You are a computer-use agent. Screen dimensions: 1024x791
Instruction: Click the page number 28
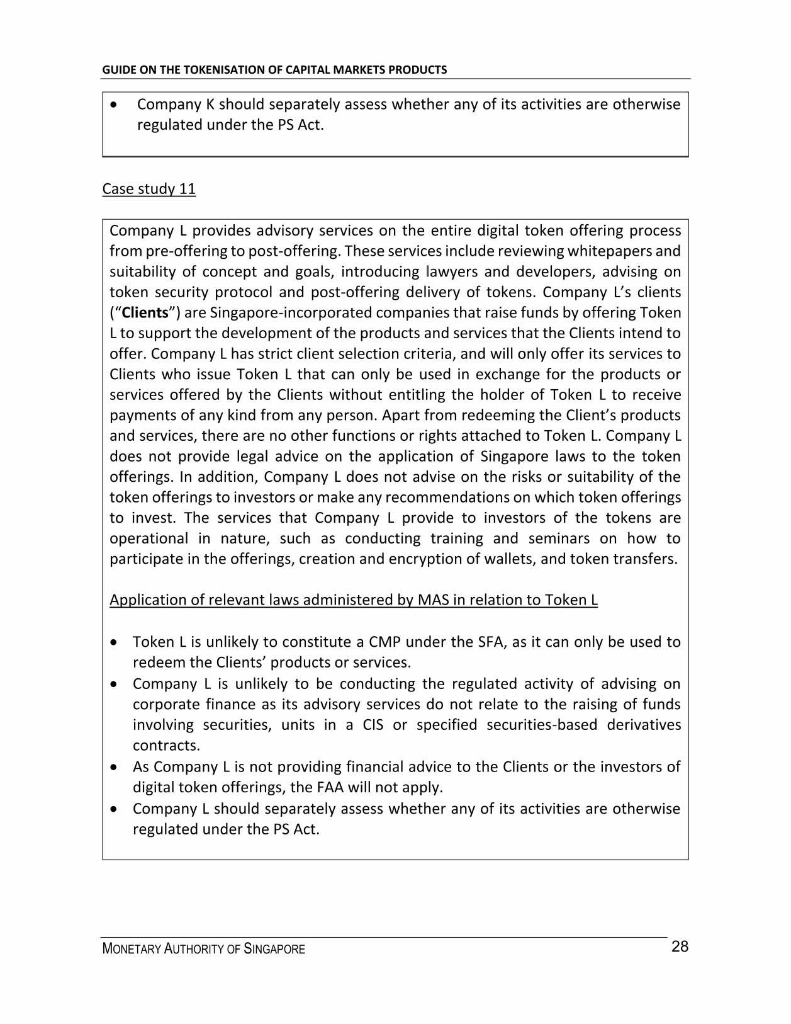pos(680,947)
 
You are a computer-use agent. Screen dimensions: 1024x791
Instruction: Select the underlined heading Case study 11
pos(149,189)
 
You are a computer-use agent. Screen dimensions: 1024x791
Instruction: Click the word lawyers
pos(452,272)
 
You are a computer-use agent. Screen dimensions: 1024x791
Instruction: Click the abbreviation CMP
pos(384,642)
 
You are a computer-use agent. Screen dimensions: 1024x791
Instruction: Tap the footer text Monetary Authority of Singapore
pos(203,949)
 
